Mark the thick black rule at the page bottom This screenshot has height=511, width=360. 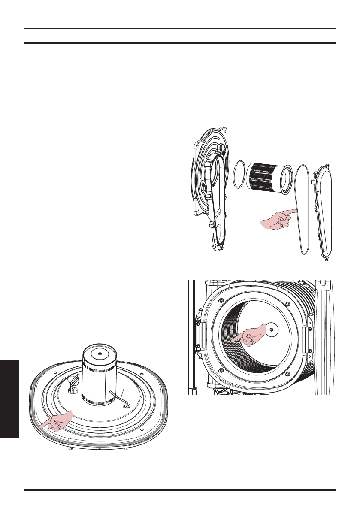180,490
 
